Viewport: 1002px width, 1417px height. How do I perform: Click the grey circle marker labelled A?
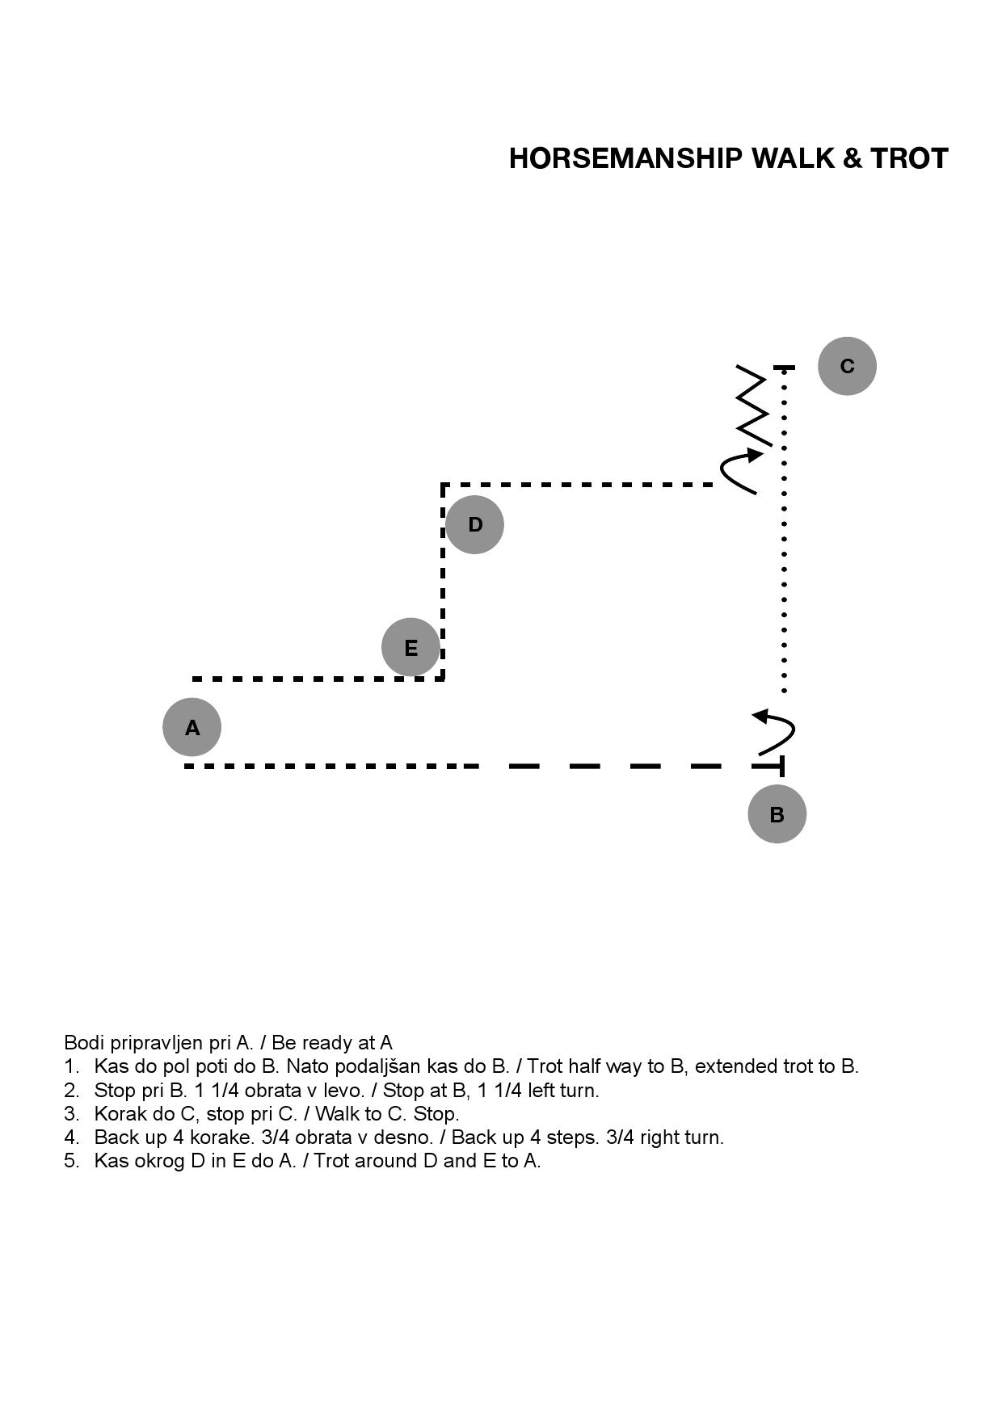(192, 727)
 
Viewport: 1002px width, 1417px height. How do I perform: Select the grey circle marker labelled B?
(777, 814)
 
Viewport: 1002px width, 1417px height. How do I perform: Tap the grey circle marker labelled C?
(847, 366)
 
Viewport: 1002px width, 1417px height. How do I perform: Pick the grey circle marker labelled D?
(474, 524)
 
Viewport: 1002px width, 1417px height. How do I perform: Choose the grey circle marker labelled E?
(410, 647)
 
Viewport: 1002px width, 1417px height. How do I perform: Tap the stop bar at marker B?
(781, 766)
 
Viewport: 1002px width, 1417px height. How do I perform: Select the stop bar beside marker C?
(784, 368)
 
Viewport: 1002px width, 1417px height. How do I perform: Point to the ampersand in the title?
(852, 158)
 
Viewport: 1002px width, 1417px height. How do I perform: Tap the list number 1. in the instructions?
(72, 1066)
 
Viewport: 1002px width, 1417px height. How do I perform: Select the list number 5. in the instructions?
(72, 1161)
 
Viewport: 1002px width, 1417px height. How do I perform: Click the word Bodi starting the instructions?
(82, 1042)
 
